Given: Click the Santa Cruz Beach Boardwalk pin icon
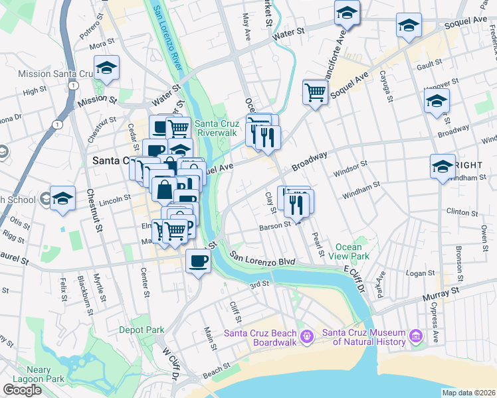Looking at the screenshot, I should [306, 337].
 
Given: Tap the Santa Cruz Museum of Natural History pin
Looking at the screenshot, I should [417, 337].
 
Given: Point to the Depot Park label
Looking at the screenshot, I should [142, 329].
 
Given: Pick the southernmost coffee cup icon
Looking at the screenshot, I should [198, 261].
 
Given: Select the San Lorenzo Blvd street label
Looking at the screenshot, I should [262, 258].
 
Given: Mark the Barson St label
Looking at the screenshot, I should [275, 226].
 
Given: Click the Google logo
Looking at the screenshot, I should [22, 389].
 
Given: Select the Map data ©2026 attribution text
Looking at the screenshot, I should [468, 393].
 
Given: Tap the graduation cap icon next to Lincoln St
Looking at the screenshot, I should [62, 199].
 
